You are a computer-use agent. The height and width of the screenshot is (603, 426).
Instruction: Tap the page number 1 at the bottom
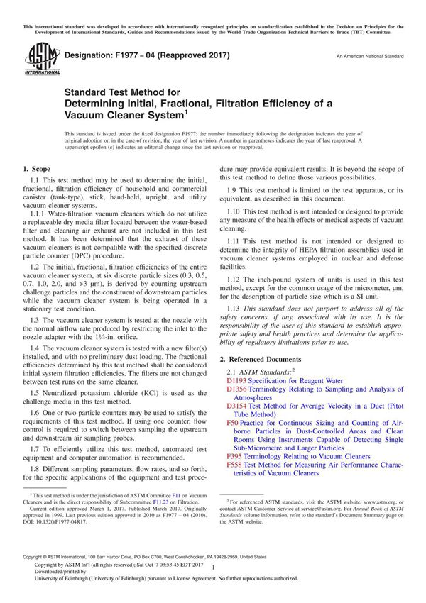click(x=212, y=566)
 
